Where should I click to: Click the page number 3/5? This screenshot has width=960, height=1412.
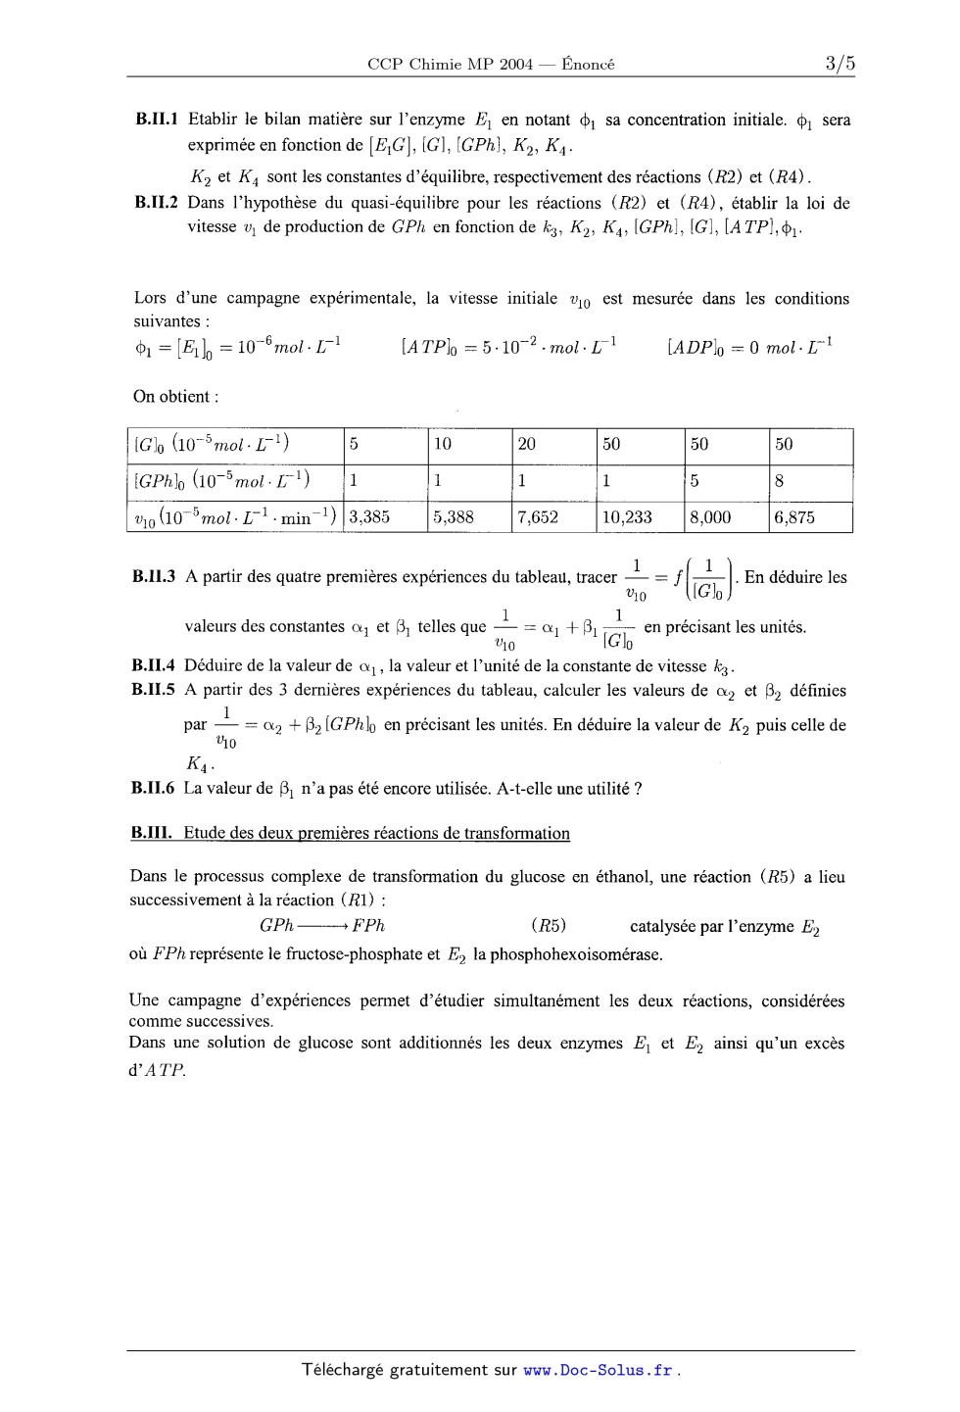pos(840,64)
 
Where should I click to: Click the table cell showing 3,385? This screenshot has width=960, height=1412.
pos(369,517)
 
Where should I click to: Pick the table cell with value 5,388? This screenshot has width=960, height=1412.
pos(454,517)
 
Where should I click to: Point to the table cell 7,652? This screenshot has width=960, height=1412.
pos(538,517)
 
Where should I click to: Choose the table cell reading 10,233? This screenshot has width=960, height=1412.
pos(627,517)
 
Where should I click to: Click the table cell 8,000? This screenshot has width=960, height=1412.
pos(710,517)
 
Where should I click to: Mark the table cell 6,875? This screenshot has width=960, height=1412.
pos(794,517)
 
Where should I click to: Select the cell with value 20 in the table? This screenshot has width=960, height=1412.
pos(527,445)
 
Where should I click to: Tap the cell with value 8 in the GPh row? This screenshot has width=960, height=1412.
pos(780,481)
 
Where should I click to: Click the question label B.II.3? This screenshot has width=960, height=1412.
pos(154,577)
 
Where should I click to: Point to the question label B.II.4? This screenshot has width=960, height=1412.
pos(153,666)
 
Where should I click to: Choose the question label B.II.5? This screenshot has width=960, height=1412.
pos(153,690)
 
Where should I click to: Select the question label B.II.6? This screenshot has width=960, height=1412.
pos(153,789)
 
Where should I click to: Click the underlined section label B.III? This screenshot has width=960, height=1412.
pos(152,834)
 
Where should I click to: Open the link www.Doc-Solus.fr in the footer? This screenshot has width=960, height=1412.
pos(598,1371)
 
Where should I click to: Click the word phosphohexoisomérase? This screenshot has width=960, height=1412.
pos(567,954)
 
